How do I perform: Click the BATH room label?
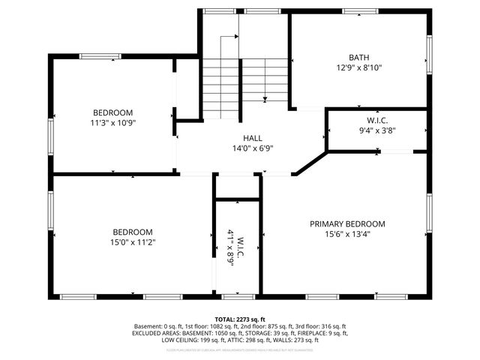(358, 57)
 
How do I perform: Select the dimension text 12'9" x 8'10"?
(358, 67)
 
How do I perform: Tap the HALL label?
(252, 138)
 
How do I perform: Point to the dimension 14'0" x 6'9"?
(252, 148)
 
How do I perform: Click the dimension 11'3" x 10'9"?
(112, 123)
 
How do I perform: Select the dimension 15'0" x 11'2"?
(133, 242)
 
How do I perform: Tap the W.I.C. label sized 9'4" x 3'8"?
(376, 120)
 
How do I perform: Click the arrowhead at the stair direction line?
(265, 99)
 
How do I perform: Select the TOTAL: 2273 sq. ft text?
(239, 319)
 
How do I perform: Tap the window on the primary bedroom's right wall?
(430, 214)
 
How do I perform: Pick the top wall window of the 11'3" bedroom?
(101, 55)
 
